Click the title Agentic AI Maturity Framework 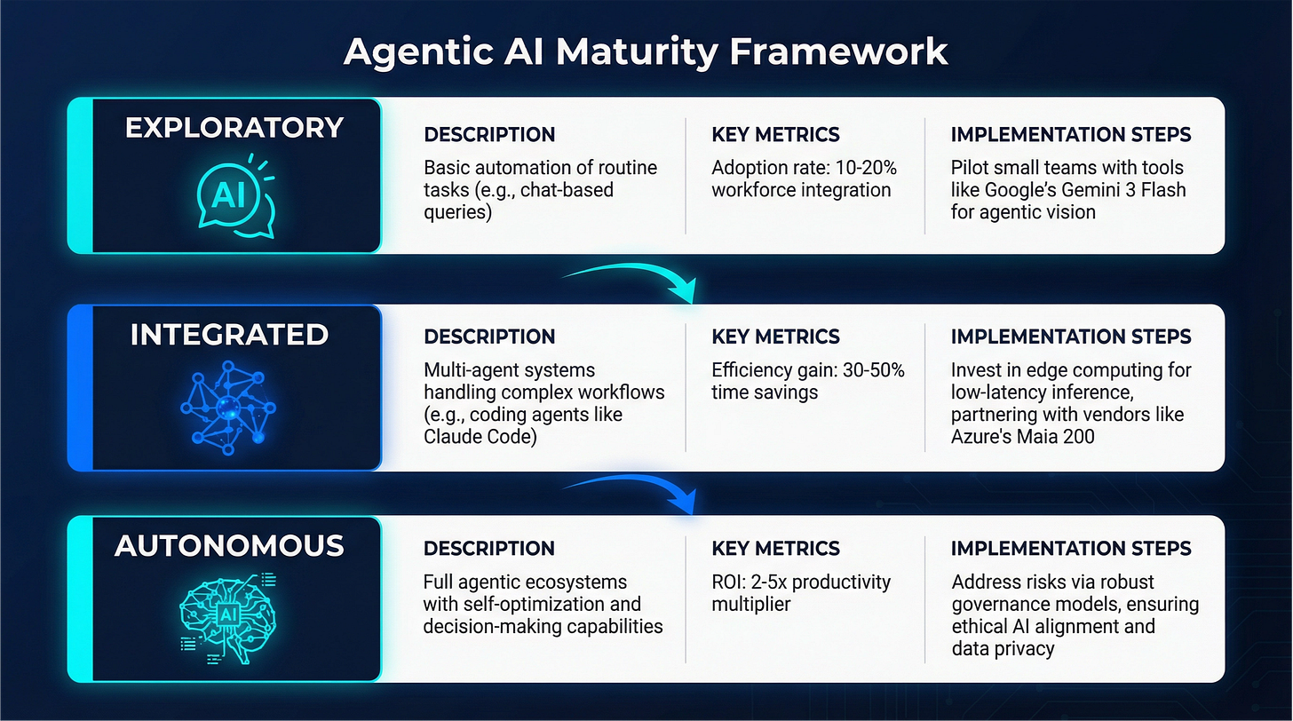click(646, 51)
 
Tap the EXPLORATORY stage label click(234, 128)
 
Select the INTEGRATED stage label click(229, 335)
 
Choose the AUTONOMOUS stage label click(229, 545)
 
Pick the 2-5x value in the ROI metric click(782, 582)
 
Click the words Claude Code click(480, 437)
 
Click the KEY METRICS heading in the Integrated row click(776, 337)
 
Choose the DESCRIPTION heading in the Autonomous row click(489, 549)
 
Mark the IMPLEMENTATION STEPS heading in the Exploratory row click(1071, 135)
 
